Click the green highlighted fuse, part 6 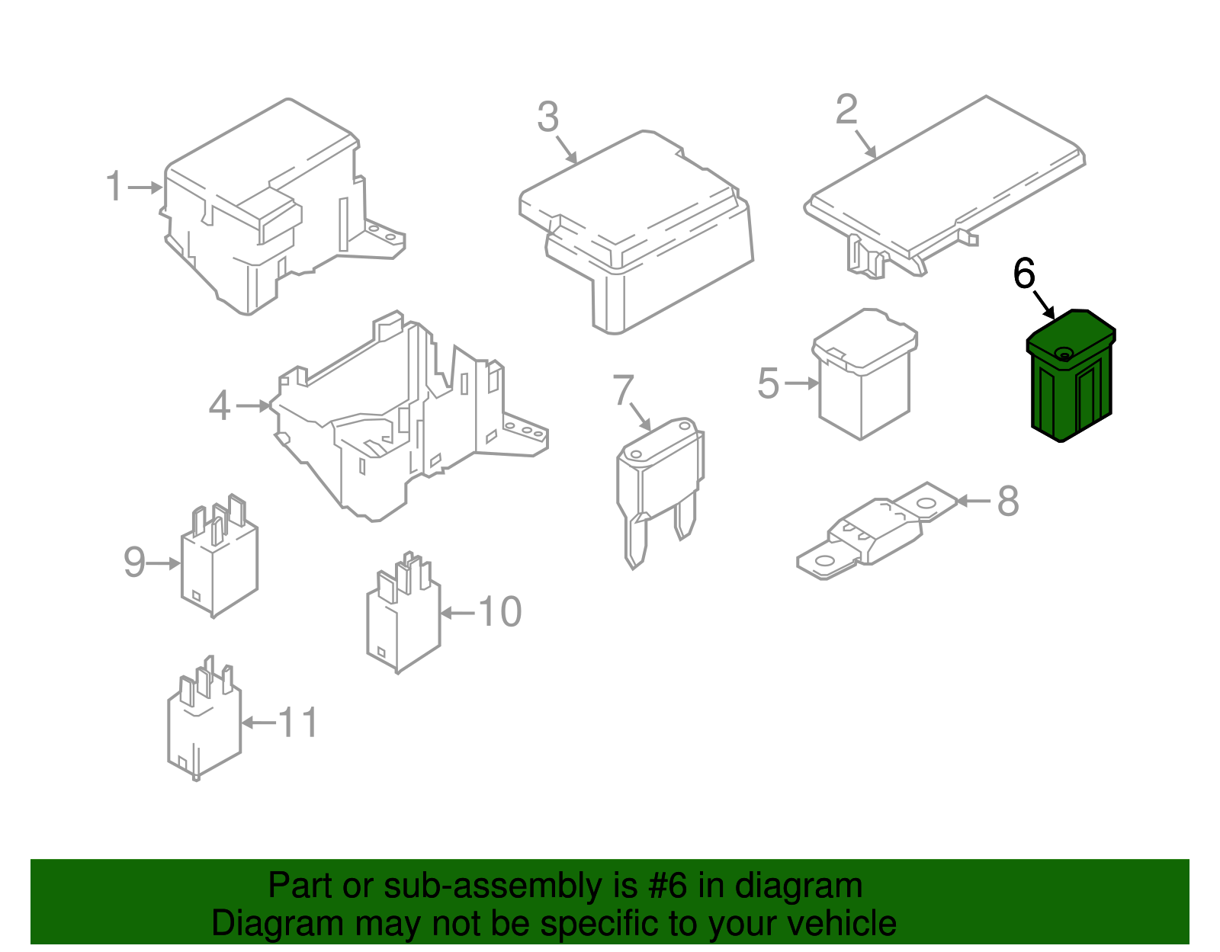(1070, 376)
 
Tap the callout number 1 (114, 186)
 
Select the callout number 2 (846, 110)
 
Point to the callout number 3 (548, 117)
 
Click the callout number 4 (220, 405)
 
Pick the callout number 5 (768, 383)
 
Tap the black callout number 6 (1024, 274)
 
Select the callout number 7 (623, 390)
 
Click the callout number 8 (1008, 501)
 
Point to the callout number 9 (134, 562)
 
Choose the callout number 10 (499, 611)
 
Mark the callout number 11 (299, 722)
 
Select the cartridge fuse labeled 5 (865, 373)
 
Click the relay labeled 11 (204, 719)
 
